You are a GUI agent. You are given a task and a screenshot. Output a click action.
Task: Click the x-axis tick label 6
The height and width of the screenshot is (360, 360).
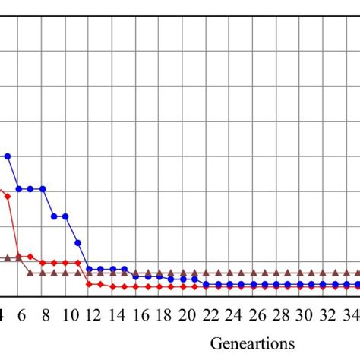pyautogui.click(x=21, y=315)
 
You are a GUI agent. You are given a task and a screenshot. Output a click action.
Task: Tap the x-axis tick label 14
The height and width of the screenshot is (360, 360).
pyautogui.click(x=117, y=315)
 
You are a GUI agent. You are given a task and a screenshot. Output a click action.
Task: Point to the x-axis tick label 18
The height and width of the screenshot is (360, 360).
pyautogui.click(x=164, y=315)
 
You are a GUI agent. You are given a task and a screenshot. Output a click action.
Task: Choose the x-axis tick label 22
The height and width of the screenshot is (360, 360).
pyautogui.click(x=211, y=315)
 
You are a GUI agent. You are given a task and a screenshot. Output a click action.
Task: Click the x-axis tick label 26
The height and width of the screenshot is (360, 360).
pyautogui.click(x=257, y=315)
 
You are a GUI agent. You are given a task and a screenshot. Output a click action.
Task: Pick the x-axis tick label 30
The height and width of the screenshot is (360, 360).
pyautogui.click(x=305, y=315)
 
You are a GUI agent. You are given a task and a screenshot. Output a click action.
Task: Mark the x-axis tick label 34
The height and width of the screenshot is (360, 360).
pyautogui.click(x=352, y=315)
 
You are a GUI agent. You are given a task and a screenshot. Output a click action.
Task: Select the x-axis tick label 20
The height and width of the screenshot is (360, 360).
pyautogui.click(x=188, y=315)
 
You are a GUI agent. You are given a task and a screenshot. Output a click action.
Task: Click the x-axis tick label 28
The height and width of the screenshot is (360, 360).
pyautogui.click(x=281, y=315)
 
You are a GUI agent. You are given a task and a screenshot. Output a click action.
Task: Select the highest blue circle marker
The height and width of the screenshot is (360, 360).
pyautogui.click(x=8, y=156)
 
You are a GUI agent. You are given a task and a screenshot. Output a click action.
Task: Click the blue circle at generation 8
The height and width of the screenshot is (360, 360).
pyautogui.click(x=43, y=188)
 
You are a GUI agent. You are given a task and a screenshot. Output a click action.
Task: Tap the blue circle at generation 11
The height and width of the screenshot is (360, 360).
pyautogui.click(x=78, y=242)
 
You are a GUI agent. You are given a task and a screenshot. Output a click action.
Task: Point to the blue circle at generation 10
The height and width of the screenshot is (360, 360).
pyautogui.click(x=66, y=216)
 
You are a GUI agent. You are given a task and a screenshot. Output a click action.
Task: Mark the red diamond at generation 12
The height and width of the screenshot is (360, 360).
pyautogui.click(x=90, y=284)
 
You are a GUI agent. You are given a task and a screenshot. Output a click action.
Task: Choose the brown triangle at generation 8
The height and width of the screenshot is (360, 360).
pyautogui.click(x=43, y=272)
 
